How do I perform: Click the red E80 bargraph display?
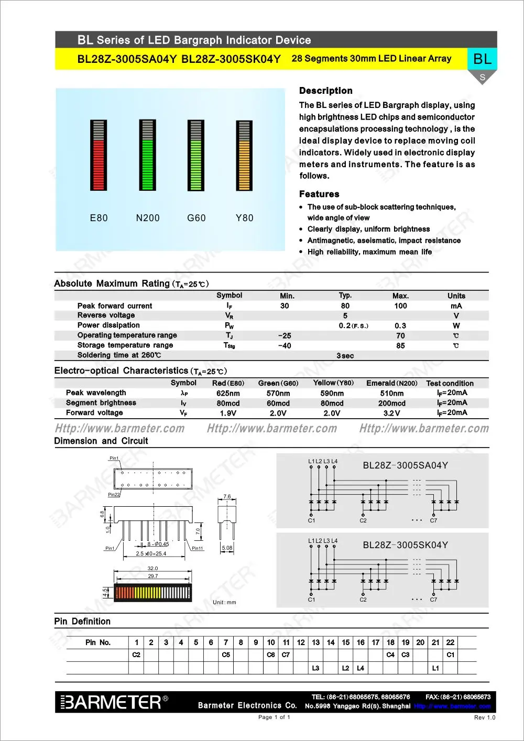coord(98,155)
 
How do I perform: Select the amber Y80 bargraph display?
coord(244,156)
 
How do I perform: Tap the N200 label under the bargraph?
coord(148,218)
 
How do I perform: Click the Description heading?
coord(325,91)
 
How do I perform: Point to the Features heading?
coord(319,194)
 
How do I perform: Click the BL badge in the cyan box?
coord(482,59)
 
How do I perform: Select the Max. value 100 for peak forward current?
coord(400,306)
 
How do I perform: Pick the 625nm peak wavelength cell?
coord(228,393)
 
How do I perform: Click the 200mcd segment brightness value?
coord(391,404)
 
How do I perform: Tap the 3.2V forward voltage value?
coord(391,413)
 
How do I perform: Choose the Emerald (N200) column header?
coord(392,383)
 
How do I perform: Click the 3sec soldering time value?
coord(345,356)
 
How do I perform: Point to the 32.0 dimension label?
coord(152,568)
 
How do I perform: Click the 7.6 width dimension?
coord(227,496)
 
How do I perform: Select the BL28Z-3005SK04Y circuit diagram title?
coord(405,545)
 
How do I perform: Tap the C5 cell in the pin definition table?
coord(226,655)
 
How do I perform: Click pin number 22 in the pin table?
coord(450,642)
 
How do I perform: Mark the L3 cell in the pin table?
coord(315,668)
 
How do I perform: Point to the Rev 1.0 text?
coord(484,717)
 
